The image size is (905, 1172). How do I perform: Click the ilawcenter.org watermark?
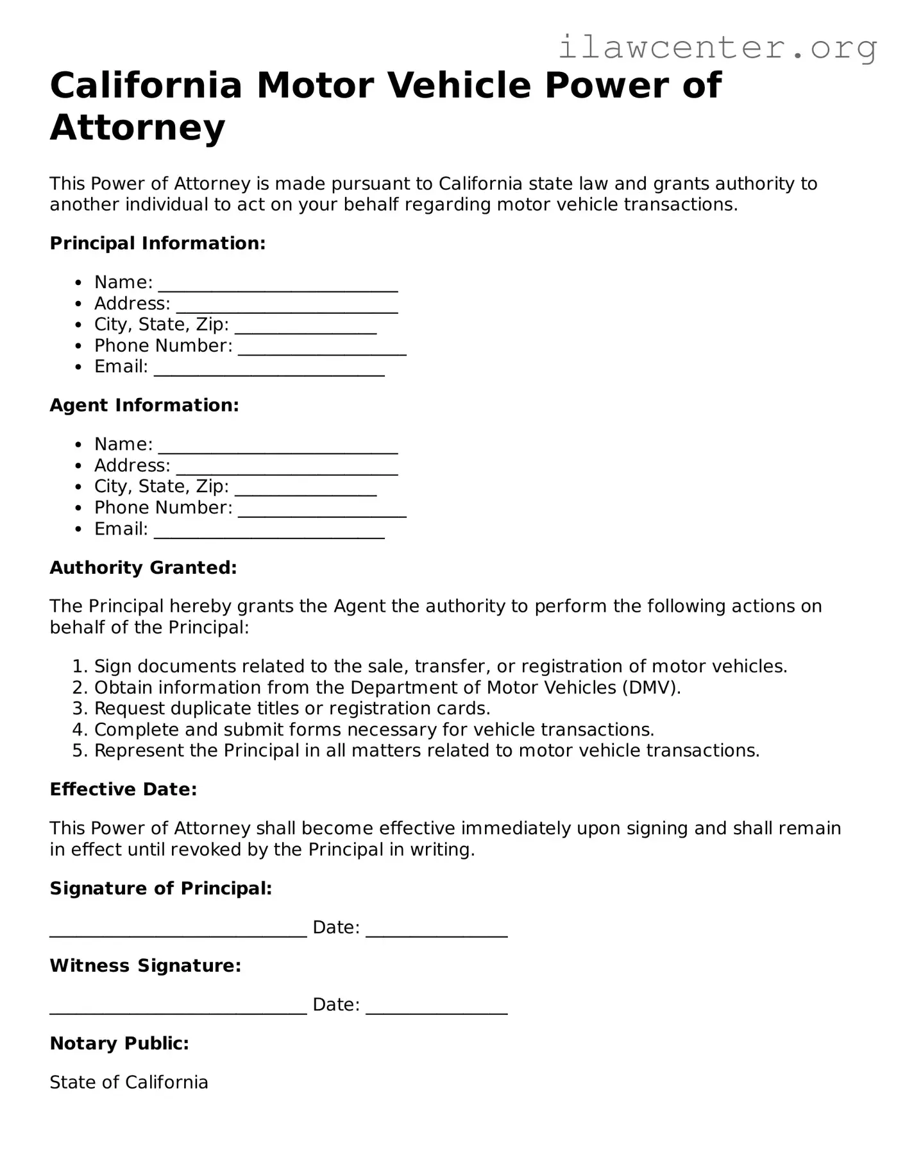point(717,47)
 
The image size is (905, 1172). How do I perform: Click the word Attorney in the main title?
point(137,127)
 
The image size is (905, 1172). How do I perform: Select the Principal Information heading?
point(157,243)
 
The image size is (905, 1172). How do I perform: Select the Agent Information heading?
point(144,405)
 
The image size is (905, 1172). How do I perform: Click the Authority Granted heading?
point(143,567)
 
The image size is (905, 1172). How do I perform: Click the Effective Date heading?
point(123,789)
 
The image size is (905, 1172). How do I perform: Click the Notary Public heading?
point(119,1043)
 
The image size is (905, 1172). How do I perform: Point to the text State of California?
point(129,1082)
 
